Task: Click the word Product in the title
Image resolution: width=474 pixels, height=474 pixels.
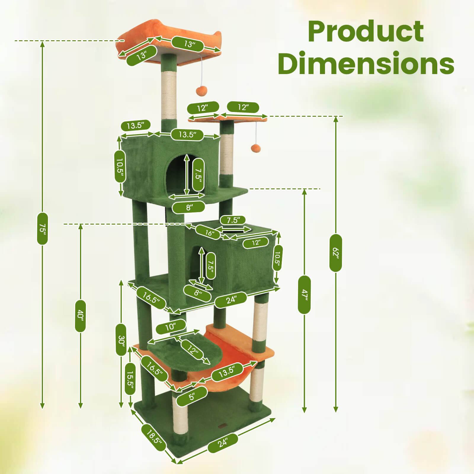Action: [x=366, y=32]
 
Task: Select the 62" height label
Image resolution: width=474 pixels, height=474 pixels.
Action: [x=335, y=252]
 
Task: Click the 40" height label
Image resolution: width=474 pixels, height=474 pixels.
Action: [x=80, y=316]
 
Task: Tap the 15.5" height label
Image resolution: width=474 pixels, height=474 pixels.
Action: [x=130, y=378]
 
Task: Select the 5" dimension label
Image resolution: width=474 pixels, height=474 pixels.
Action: [x=192, y=396]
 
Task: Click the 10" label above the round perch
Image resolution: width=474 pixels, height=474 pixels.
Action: [x=171, y=327]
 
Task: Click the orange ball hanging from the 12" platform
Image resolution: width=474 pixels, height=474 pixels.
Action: [x=255, y=148]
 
